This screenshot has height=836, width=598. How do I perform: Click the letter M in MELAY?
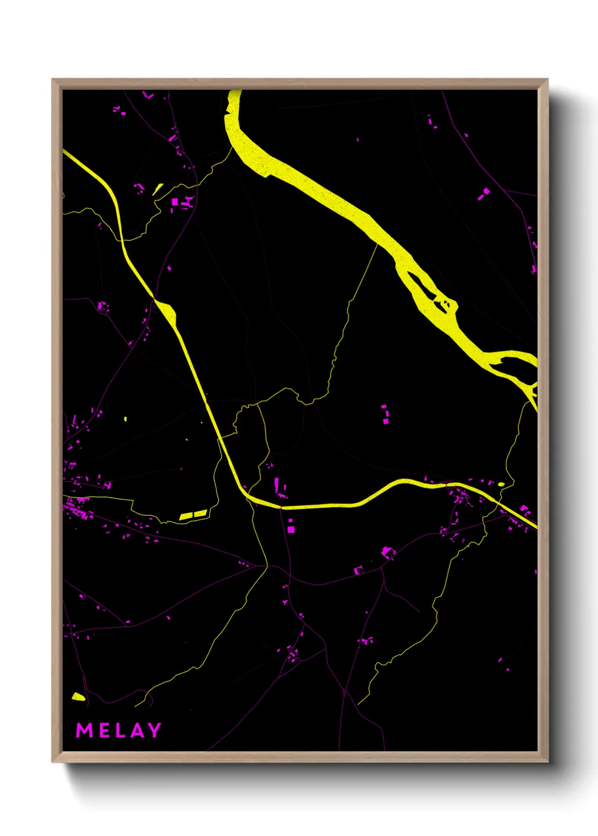tap(84, 730)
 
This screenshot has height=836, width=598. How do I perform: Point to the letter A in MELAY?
tap(137, 730)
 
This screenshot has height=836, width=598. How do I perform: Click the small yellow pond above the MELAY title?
tap(79, 697)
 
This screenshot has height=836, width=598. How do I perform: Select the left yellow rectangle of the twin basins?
tap(186, 516)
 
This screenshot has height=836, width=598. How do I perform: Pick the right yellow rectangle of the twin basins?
tap(201, 513)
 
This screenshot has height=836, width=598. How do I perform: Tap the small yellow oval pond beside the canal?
tap(501, 484)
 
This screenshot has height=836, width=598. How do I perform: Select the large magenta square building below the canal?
tap(291, 529)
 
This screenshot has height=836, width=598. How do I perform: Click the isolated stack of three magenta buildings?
tap(385, 414)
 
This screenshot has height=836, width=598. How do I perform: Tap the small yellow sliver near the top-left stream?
tap(158, 189)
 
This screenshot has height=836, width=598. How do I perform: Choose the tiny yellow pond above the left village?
tap(125, 419)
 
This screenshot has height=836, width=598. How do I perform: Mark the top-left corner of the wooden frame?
tap(53, 80)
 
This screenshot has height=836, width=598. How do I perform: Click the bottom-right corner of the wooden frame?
tap(547, 761)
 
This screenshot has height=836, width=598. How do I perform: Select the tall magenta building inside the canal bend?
tap(277, 484)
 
